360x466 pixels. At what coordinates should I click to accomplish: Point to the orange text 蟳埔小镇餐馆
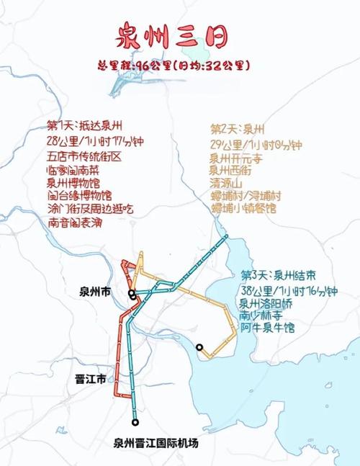[243, 208]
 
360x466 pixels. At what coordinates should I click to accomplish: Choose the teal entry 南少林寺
[267, 315]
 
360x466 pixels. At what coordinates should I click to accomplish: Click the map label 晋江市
[91, 379]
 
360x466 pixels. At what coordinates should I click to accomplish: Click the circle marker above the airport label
[135, 423]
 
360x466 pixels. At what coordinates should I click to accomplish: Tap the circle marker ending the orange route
[199, 348]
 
